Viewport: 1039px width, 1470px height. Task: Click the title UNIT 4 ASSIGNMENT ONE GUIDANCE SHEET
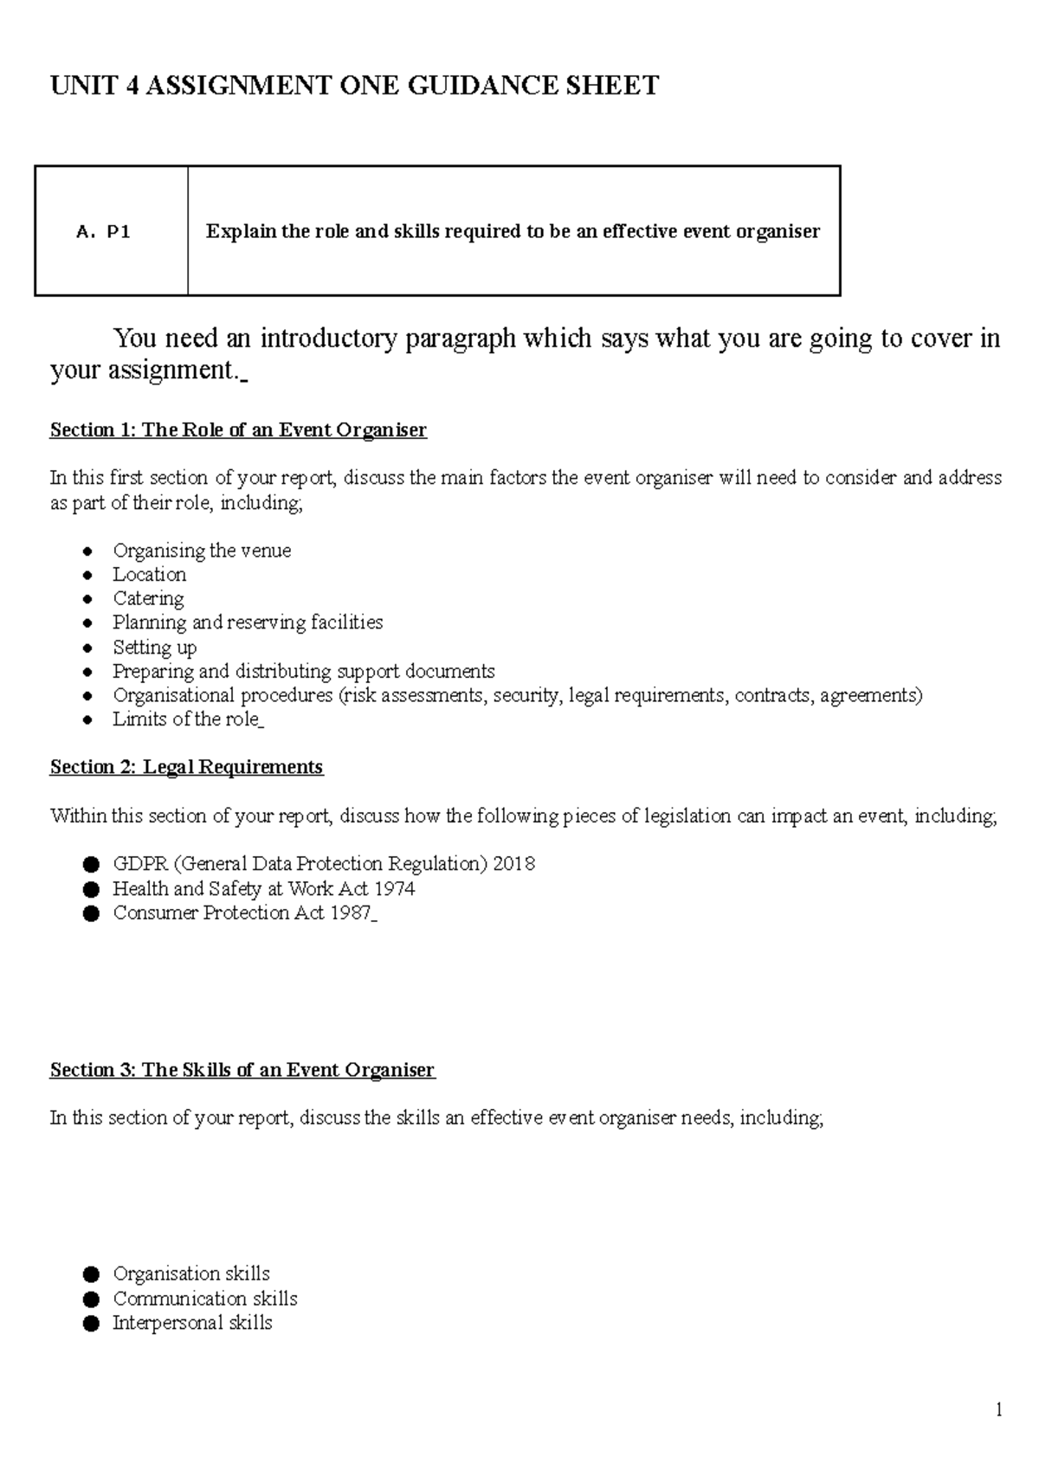pyautogui.click(x=354, y=86)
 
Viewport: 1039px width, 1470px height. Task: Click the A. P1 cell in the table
pyautogui.click(x=103, y=232)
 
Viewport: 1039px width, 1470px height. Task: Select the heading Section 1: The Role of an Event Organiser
pyautogui.click(x=238, y=430)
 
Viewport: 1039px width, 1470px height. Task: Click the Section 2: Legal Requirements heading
pyautogui.click(x=186, y=767)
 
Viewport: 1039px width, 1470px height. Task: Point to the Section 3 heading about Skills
pyautogui.click(x=242, y=1070)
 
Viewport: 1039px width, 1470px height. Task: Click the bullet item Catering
pyautogui.click(x=148, y=599)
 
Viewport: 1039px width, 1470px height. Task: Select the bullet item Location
pyautogui.click(x=149, y=575)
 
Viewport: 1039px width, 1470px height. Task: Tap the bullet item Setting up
pyautogui.click(x=154, y=648)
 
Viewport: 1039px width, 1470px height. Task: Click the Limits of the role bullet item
pyautogui.click(x=186, y=719)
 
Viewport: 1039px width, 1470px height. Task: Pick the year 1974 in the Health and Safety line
pyautogui.click(x=395, y=889)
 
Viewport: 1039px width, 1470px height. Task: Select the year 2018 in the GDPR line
pyautogui.click(x=513, y=864)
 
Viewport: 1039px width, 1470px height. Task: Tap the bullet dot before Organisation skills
pyautogui.click(x=92, y=1274)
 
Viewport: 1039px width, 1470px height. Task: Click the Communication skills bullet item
pyautogui.click(x=205, y=1299)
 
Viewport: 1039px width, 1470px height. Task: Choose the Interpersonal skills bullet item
pyautogui.click(x=192, y=1323)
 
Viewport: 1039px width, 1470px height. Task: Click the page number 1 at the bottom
pyautogui.click(x=998, y=1411)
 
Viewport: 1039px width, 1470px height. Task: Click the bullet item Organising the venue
pyautogui.click(x=202, y=551)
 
